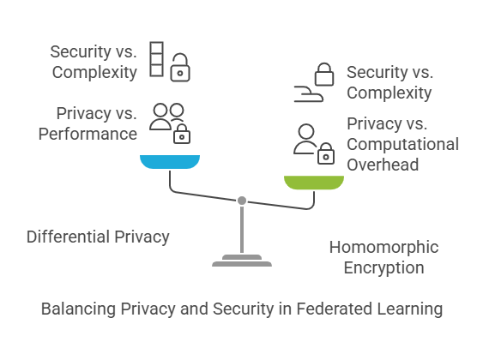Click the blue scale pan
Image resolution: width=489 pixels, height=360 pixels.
(x=170, y=161)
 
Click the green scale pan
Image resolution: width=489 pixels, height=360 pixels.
(x=314, y=183)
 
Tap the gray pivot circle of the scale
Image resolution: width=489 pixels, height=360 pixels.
(x=242, y=201)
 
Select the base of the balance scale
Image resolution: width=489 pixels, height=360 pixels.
(x=242, y=261)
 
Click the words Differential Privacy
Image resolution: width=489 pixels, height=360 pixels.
(x=98, y=237)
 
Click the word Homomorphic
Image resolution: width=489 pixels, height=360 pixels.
(x=383, y=247)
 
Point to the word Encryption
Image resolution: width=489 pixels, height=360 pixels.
(x=383, y=267)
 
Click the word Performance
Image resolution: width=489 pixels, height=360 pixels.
(x=88, y=134)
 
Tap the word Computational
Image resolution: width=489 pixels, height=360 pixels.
(x=402, y=144)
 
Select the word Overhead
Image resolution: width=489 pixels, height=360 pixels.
(x=383, y=165)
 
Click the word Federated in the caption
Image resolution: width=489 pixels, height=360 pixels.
(x=334, y=309)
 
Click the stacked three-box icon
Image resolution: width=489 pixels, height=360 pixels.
(x=156, y=59)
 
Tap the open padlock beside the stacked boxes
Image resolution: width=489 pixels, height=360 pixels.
(x=180, y=68)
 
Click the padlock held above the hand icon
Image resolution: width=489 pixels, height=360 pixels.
(x=324, y=75)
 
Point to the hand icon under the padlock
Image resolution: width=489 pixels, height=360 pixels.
(x=309, y=93)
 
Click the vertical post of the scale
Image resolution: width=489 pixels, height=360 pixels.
(x=242, y=230)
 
